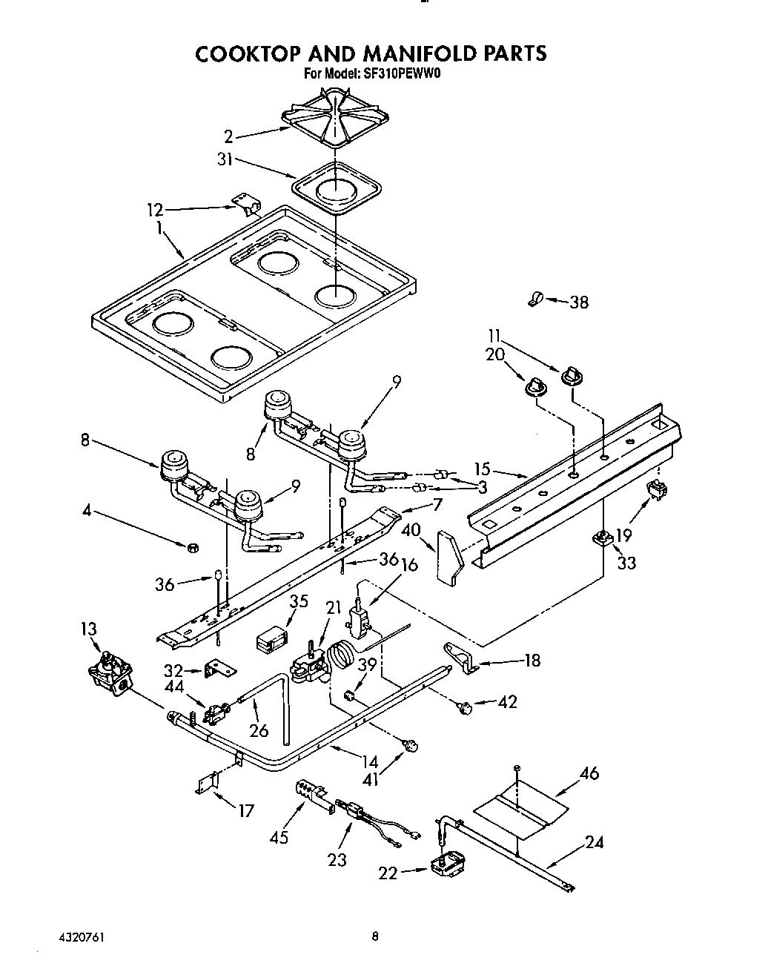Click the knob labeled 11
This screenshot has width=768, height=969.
pyautogui.click(x=570, y=374)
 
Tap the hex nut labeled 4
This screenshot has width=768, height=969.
pyautogui.click(x=191, y=548)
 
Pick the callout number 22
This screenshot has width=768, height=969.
pyautogui.click(x=388, y=874)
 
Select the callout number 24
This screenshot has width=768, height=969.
pyautogui.click(x=594, y=841)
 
